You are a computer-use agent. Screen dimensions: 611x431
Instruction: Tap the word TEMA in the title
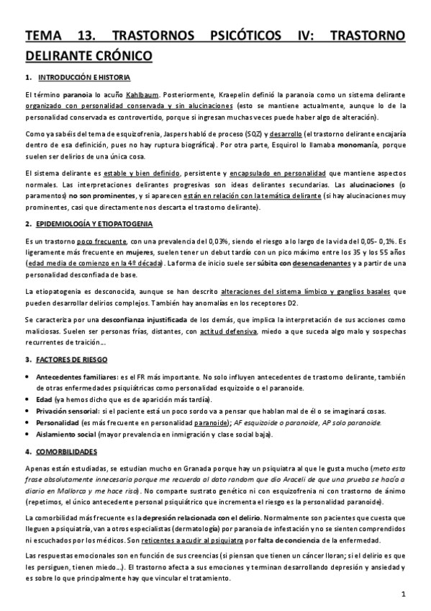(x=46, y=36)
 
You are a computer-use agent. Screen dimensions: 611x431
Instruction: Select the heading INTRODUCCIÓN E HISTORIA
(x=84, y=77)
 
